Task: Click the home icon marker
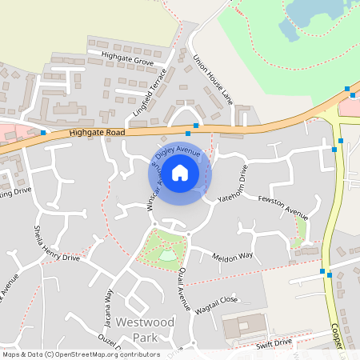pos(180,172)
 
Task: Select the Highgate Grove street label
pos(127,58)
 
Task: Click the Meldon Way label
pos(232,256)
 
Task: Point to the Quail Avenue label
pos(183,288)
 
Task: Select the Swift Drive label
pos(274,342)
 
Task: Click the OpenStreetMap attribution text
pos(70,354)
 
